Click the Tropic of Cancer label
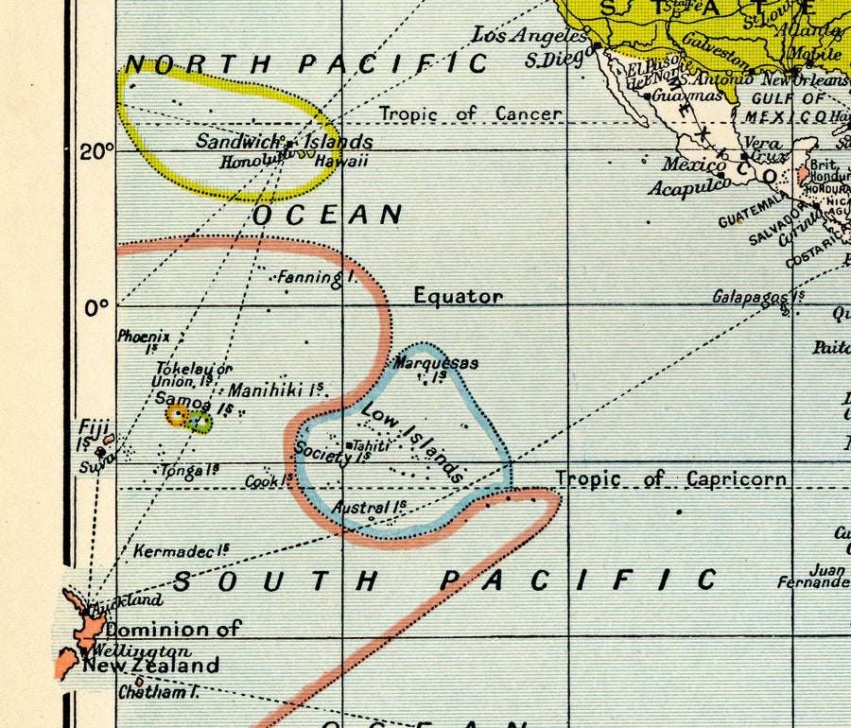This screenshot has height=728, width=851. (470, 114)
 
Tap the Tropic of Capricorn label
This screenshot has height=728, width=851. (670, 478)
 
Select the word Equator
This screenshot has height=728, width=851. (458, 296)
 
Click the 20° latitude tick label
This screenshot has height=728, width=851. (96, 151)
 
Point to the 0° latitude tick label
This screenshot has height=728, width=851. (96, 306)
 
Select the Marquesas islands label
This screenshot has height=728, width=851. (436, 364)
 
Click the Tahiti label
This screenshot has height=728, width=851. (370, 444)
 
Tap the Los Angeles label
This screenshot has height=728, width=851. (529, 36)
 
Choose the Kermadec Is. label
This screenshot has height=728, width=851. (182, 550)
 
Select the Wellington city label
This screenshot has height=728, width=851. (136, 651)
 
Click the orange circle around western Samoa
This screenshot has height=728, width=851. (176, 414)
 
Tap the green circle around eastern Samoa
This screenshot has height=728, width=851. (200, 422)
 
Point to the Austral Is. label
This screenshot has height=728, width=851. (369, 507)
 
